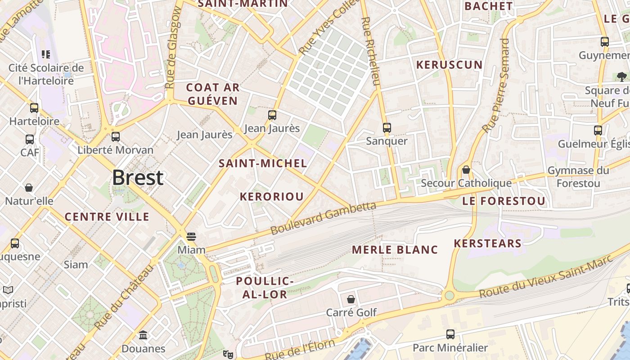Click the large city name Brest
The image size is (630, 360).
138,178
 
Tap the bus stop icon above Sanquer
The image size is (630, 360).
387,128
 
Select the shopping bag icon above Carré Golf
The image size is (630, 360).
351,299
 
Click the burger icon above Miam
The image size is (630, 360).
191,237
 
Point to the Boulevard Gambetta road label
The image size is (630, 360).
323,218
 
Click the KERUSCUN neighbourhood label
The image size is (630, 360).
449,65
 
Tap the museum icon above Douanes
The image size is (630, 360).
143,335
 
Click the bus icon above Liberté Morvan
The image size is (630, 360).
116,137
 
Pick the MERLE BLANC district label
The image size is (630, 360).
395,250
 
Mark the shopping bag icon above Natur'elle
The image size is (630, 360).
29,188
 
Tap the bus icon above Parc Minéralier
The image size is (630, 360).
450,334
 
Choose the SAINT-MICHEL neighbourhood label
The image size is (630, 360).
263,163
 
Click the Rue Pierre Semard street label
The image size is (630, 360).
495,85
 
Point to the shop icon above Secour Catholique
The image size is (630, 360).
466,170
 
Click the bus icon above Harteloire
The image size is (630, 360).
34,108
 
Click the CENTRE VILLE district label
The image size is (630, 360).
107,217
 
